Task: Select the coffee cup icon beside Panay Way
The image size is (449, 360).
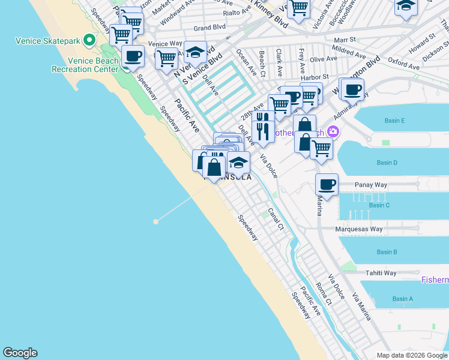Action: (327, 185)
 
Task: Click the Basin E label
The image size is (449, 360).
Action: (394, 121)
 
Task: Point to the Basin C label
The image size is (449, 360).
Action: (379, 205)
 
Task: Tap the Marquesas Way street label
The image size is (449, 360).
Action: (360, 229)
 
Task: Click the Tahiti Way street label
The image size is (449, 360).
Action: (381, 273)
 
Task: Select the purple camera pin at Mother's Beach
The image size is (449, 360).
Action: (333, 131)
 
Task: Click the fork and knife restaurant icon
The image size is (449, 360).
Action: (262, 130)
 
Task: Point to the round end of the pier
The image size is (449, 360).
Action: (156, 221)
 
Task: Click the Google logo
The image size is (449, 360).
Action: (20, 353)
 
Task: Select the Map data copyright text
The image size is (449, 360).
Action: (411, 355)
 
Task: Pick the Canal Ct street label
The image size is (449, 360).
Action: (276, 219)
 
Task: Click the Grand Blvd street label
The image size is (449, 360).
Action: (209, 28)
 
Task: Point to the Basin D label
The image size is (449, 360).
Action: (387, 163)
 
